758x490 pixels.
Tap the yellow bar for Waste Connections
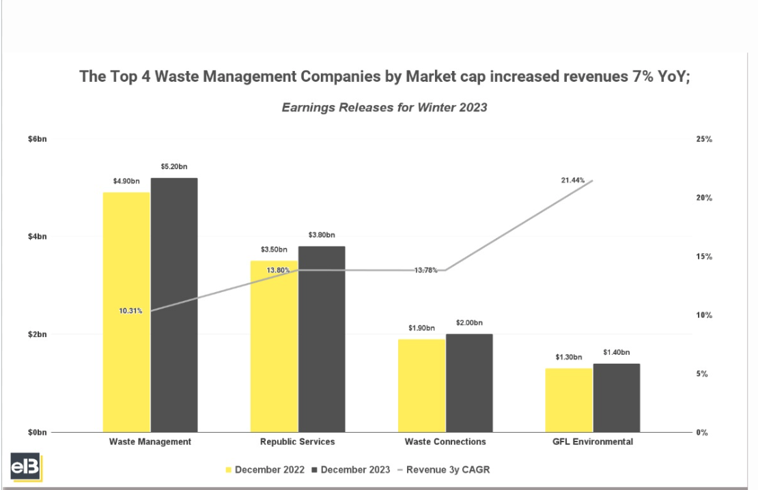(x=421, y=386)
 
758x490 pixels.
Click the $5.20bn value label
(x=173, y=167)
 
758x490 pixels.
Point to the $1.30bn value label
(x=568, y=357)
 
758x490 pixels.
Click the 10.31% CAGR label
(x=130, y=311)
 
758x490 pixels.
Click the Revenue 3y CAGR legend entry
(x=448, y=470)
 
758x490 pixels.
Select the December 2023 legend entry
(x=351, y=470)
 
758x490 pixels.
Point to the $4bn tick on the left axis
(x=37, y=237)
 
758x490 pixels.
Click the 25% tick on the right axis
(x=704, y=139)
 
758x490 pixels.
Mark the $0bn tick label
(x=37, y=433)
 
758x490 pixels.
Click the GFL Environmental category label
(x=593, y=442)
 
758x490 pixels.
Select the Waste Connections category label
(x=445, y=442)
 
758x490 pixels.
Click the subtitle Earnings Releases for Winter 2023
(x=384, y=107)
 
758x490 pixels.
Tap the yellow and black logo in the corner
(x=26, y=467)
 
